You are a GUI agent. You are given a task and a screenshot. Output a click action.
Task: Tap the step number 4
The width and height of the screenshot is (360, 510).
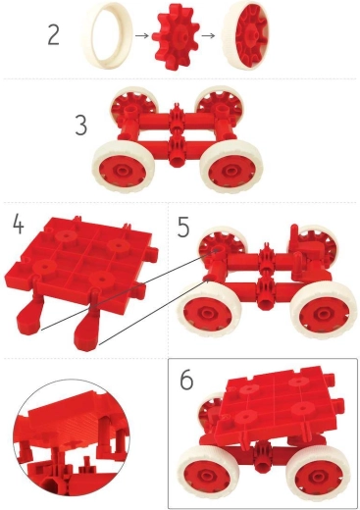18,223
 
